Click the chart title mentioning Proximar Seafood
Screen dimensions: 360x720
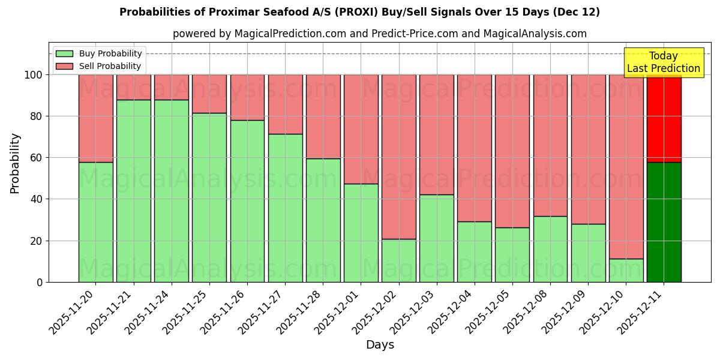pyautogui.click(x=359, y=12)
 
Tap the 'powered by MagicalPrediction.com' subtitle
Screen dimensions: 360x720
pyautogui.click(x=379, y=34)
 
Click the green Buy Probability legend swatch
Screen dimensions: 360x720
pyautogui.click(x=64, y=53)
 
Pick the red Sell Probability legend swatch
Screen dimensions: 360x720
pyautogui.click(x=64, y=66)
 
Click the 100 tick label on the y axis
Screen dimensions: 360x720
pyautogui.click(x=34, y=75)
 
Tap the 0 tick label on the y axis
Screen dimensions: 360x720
pyautogui.click(x=40, y=282)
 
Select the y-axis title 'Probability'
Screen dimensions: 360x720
pyautogui.click(x=15, y=163)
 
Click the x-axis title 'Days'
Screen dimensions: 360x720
pyautogui.click(x=380, y=345)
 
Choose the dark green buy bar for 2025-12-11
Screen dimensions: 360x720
pyautogui.click(x=664, y=222)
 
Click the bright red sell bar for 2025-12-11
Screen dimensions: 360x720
pyautogui.click(x=664, y=118)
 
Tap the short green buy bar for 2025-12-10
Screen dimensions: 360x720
pyautogui.click(x=626, y=271)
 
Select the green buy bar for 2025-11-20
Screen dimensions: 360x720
pyautogui.click(x=95, y=222)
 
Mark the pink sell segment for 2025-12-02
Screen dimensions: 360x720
pyautogui.click(x=398, y=157)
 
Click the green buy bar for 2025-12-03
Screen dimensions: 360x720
pyautogui.click(x=436, y=238)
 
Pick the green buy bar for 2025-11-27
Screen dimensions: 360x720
pyautogui.click(x=285, y=208)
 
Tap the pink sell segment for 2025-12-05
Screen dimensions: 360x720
pyautogui.click(x=512, y=151)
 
